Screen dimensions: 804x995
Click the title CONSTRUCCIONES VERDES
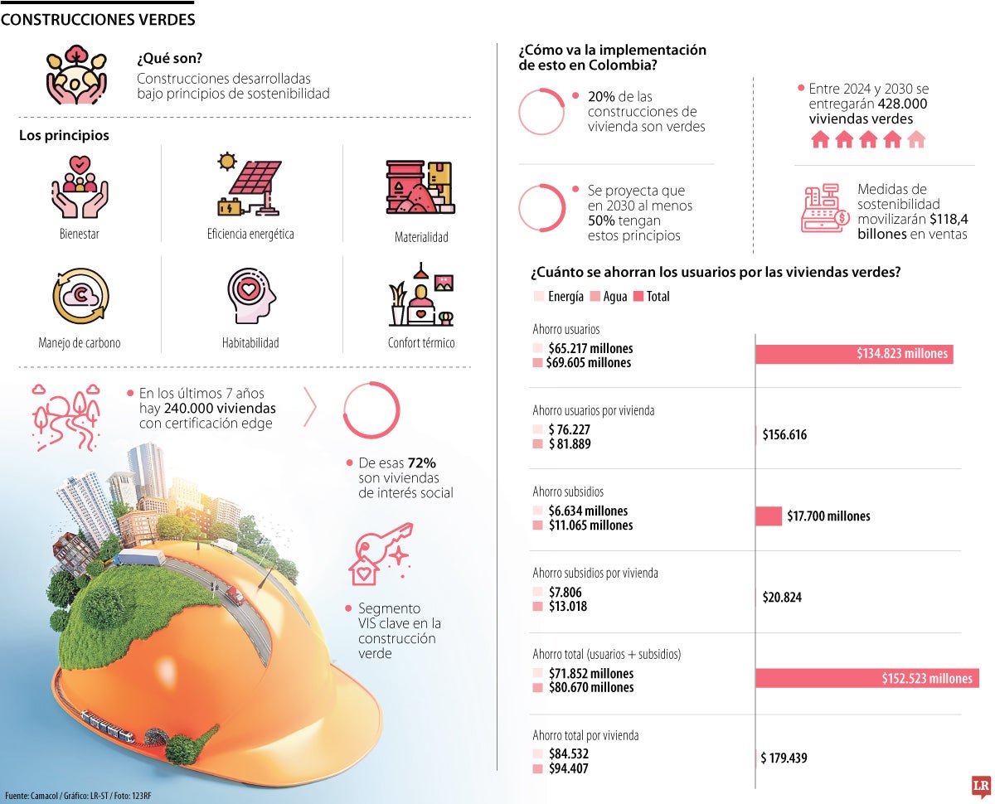[x=98, y=18]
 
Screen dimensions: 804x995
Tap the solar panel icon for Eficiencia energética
[x=250, y=184]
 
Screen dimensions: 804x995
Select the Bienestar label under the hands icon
[x=80, y=234]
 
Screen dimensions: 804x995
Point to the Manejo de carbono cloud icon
[x=80, y=296]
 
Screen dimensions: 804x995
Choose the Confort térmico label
[x=421, y=342]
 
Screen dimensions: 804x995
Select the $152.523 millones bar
[x=866, y=678]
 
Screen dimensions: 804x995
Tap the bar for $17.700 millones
[x=769, y=516]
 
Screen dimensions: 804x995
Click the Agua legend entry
[x=609, y=296]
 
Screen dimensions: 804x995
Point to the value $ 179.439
[x=784, y=758]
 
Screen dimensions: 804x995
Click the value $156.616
[x=784, y=434]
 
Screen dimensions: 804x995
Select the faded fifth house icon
[x=915, y=139]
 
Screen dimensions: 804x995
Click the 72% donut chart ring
[x=371, y=410]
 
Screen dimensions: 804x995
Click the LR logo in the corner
[x=983, y=787]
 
